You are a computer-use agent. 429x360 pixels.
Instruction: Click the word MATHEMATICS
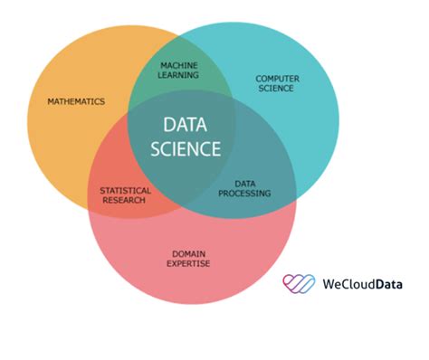(76, 101)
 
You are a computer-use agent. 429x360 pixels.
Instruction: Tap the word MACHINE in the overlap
(179, 66)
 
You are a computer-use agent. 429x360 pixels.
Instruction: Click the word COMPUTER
(277, 79)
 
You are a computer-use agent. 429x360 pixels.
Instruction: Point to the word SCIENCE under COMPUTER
(277, 89)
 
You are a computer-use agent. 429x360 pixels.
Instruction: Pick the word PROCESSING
(245, 193)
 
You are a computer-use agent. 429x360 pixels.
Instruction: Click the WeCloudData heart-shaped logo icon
(300, 284)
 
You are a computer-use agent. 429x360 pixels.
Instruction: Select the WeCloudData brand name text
(362, 284)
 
